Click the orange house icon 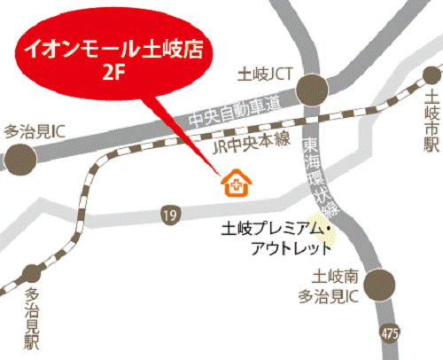pyautogui.click(x=237, y=184)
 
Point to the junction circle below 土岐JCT pyautogui.click(x=312, y=89)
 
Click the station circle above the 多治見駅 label pyautogui.click(x=32, y=271)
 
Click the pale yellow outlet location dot pyautogui.click(x=330, y=234)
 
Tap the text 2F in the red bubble pyautogui.click(x=111, y=70)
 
